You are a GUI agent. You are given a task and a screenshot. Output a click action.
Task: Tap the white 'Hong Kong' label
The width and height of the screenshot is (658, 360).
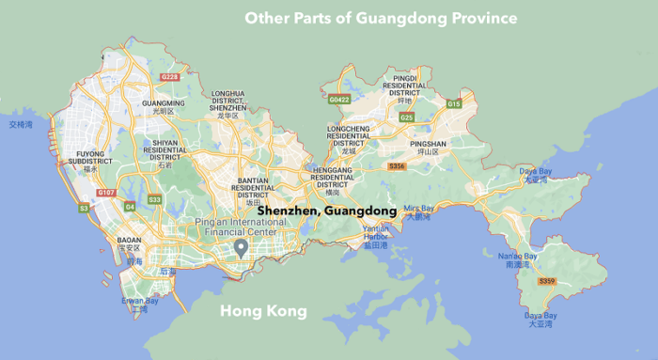click(263, 311)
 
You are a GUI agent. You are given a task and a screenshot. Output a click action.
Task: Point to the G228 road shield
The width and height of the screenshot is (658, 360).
click(170, 77)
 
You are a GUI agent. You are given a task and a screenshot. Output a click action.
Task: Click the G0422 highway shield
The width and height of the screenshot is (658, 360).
click(338, 97)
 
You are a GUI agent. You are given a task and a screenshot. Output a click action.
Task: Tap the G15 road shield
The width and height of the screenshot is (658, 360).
click(455, 103)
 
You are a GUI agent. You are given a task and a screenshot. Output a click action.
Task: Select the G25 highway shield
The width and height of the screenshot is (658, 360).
click(407, 117)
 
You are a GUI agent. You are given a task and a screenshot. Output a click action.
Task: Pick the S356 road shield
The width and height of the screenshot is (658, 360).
click(397, 166)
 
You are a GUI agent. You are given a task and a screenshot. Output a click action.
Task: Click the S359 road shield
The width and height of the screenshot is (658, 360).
click(546, 281)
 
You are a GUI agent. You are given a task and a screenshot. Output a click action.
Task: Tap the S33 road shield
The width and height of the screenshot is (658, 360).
click(154, 199)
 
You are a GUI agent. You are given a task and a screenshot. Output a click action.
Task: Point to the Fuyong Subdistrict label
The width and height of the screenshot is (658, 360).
click(89, 161)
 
